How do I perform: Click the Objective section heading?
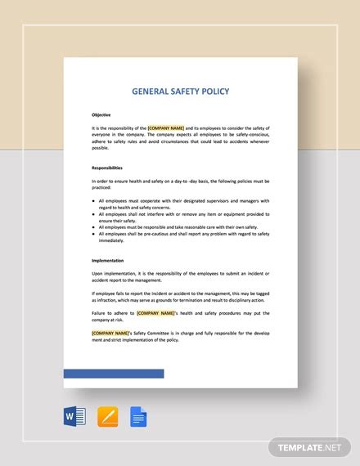101,114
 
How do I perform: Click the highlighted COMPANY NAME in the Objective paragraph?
166,128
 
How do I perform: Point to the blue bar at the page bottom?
114,374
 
